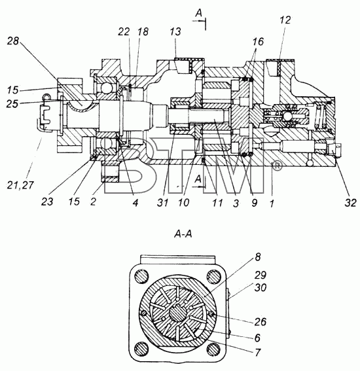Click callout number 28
coord(13,41)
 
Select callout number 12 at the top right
coord(285,20)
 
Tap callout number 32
coord(350,203)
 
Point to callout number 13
coord(175,31)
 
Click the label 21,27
coord(20,185)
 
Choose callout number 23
coord(47,202)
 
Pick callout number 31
coord(162,203)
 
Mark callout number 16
coord(258,42)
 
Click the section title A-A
coord(183,234)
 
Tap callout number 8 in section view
coord(258,256)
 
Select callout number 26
coord(260,321)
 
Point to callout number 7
coord(257,353)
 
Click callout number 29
coord(261,275)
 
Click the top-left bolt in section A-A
coord(142,276)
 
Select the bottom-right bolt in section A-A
coord(214,349)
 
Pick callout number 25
coord(12,103)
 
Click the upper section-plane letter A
coord(198,14)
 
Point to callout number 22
coord(124,31)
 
